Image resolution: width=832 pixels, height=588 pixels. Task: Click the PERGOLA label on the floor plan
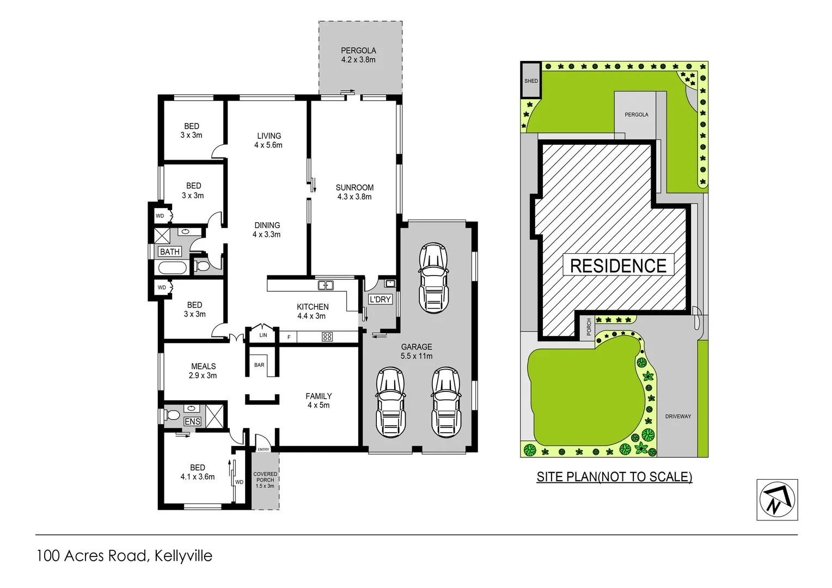[358, 55]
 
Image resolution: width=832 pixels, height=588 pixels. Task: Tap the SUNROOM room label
[354, 192]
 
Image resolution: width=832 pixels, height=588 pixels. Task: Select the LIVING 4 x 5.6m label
[268, 140]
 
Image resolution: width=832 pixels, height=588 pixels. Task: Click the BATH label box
[170, 252]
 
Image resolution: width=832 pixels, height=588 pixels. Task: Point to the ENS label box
[192, 421]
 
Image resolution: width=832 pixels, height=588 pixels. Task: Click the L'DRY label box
[380, 299]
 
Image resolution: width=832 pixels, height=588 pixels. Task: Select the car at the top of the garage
[433, 278]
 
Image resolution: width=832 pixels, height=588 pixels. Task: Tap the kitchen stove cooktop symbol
[327, 337]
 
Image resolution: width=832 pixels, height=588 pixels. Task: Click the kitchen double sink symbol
[326, 285]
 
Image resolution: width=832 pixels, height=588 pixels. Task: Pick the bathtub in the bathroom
[172, 268]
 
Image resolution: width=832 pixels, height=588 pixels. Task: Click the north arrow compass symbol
[777, 500]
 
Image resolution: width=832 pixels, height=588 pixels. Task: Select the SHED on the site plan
[531, 81]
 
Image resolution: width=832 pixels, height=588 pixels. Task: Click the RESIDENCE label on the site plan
[618, 266]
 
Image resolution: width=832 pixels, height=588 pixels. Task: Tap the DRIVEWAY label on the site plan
[678, 416]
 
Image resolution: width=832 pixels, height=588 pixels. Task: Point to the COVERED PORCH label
[265, 480]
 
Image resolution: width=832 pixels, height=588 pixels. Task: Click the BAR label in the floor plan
[259, 365]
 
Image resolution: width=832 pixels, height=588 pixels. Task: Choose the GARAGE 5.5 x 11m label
[417, 351]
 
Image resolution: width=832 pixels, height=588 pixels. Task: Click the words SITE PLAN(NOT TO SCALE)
[614, 477]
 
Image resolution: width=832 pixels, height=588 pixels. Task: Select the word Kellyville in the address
[183, 556]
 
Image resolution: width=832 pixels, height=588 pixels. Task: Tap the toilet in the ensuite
[174, 415]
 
